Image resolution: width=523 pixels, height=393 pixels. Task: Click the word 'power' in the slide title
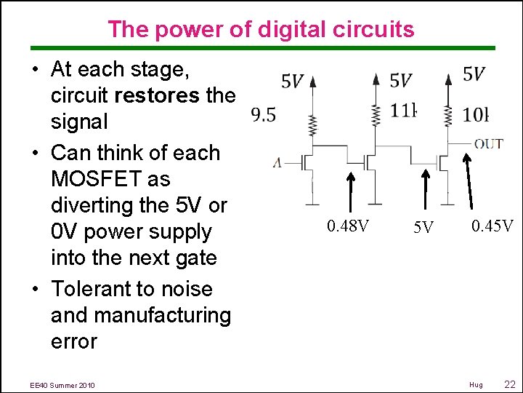177,30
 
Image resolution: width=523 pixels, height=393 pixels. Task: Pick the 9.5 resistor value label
262,114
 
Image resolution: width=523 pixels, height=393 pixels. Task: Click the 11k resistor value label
404,111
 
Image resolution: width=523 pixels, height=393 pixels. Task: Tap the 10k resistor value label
477,114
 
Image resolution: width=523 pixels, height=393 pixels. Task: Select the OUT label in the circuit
488,143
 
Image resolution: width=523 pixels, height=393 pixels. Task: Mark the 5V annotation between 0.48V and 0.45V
423,229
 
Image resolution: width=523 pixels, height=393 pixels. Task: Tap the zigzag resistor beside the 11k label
376,113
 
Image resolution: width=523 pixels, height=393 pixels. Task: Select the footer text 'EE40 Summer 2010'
62,384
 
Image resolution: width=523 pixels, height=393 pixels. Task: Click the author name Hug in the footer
476,384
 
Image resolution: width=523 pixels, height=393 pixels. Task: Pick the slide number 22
509,384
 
